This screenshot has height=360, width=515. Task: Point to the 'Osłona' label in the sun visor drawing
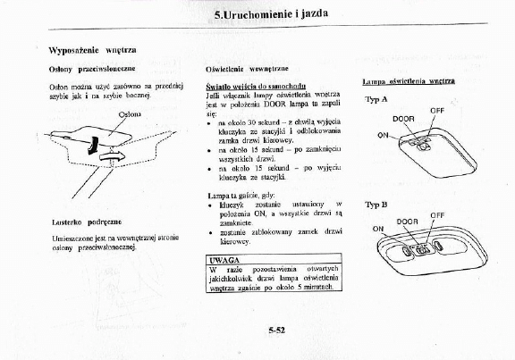(x=130, y=114)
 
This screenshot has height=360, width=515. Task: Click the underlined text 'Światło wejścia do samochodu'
(x=251, y=85)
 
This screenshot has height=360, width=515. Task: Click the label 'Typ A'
(x=376, y=99)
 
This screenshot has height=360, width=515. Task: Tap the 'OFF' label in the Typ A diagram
(x=437, y=110)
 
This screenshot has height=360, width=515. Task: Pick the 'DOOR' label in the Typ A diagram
(x=403, y=119)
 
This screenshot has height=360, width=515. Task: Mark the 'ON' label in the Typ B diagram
(x=377, y=229)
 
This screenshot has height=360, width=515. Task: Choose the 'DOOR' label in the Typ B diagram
(x=408, y=221)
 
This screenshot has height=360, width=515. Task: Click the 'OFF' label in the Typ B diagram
(x=437, y=215)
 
